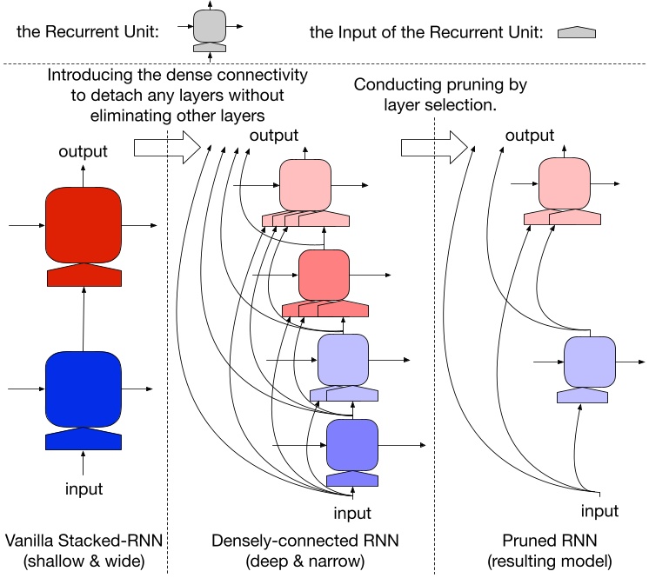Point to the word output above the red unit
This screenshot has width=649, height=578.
(x=84, y=151)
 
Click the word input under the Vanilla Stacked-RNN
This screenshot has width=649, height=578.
(x=84, y=488)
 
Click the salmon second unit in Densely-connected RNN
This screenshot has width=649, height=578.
(x=324, y=274)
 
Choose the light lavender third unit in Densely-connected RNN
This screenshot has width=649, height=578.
(x=344, y=359)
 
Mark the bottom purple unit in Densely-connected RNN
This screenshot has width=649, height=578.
(x=352, y=445)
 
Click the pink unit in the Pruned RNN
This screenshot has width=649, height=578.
(x=565, y=185)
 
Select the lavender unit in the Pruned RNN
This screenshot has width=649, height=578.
(x=590, y=362)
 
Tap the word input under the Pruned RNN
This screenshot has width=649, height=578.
(x=599, y=511)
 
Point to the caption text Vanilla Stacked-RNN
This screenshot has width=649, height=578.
(x=83, y=541)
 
